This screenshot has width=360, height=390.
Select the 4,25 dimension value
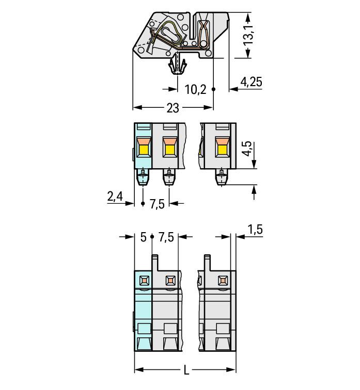252,81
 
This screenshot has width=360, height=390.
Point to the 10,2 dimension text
195,90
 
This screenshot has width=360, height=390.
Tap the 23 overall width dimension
173,108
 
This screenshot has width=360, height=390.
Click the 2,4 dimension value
115,196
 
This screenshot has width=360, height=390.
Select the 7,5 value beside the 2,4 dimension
157,204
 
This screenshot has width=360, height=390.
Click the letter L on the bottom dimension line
185,370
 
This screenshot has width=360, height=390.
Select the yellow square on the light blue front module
143,151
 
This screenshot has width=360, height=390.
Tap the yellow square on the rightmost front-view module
222,151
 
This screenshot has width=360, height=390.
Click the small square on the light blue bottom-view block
143,281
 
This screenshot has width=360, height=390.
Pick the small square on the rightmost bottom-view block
223,281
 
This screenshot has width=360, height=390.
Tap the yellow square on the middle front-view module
169,151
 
